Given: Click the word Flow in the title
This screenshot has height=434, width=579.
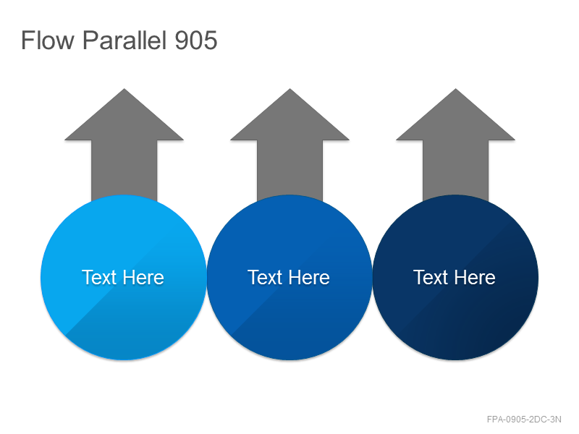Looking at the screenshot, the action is click(47, 40).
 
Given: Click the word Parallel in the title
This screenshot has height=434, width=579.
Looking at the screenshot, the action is click(124, 40).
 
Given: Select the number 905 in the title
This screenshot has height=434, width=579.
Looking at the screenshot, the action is click(195, 40).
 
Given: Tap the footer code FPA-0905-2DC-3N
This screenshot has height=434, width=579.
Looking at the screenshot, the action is click(524, 420).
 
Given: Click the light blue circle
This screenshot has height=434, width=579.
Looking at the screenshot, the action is click(124, 277).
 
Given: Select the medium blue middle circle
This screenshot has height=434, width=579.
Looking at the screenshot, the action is click(289, 277).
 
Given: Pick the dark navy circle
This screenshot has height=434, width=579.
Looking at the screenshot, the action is click(455, 277).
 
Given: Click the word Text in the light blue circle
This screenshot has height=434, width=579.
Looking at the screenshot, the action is click(99, 278).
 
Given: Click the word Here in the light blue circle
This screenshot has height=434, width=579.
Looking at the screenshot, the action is click(143, 278).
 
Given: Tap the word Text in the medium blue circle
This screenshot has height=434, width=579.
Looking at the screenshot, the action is click(265, 278).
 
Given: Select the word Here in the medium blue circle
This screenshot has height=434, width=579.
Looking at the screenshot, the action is click(308, 278).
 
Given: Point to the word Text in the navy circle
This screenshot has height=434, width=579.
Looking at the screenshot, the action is click(431, 278).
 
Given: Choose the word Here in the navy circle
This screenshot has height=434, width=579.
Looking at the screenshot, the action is click(474, 278).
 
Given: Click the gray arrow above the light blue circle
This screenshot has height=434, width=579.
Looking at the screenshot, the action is click(124, 144).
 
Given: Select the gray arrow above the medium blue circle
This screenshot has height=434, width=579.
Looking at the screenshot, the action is click(290, 144).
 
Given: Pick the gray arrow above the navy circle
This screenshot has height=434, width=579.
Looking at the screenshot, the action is click(456, 144).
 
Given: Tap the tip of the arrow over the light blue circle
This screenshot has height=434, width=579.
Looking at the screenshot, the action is click(124, 88).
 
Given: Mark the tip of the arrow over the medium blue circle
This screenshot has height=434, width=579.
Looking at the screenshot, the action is click(290, 88).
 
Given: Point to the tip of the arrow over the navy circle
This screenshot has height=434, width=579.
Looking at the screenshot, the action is click(456, 88).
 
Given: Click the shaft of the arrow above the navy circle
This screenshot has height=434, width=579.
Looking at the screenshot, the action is click(456, 170).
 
